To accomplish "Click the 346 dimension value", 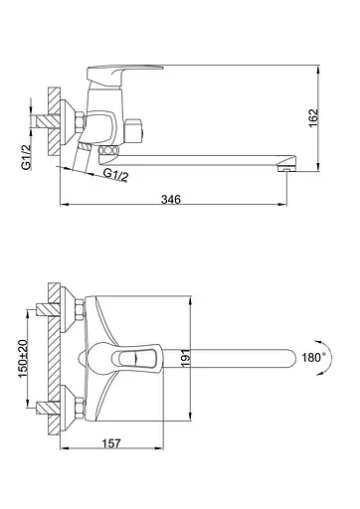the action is [x=171, y=200].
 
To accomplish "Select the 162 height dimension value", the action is [x=313, y=118].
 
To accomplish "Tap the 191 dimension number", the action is [x=186, y=358].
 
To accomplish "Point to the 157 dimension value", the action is [x=111, y=443].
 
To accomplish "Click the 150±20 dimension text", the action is [x=23, y=358].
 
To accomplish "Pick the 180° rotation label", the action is [x=313, y=357].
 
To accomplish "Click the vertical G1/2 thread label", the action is [x=26, y=157].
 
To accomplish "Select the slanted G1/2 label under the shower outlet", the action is [x=115, y=174].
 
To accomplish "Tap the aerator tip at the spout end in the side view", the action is [x=286, y=169].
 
